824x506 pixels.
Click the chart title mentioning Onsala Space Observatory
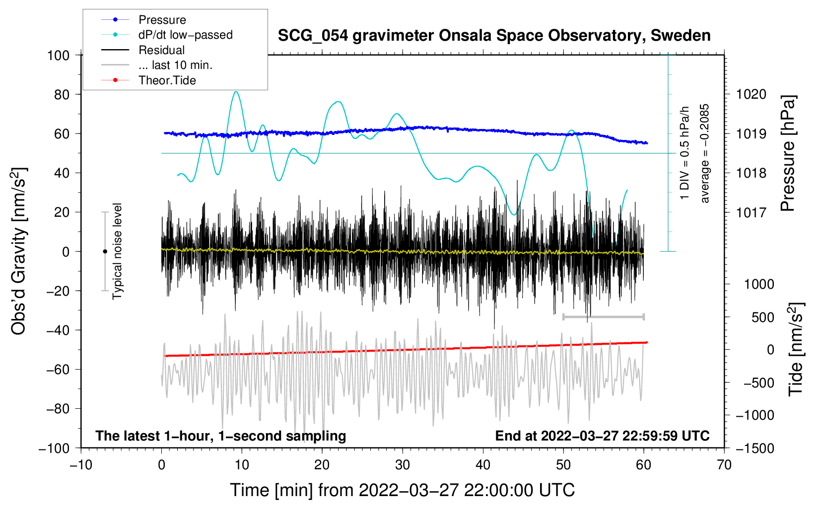(494, 36)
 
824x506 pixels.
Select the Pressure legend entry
(162, 20)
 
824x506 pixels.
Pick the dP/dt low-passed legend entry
(185, 35)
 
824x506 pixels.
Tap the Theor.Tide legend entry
(167, 80)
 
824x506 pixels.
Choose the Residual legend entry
(161, 50)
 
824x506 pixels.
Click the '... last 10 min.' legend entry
(175, 65)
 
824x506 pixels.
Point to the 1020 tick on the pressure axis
(751, 94)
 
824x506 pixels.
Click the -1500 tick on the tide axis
(755, 448)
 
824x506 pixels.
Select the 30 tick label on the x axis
(403, 465)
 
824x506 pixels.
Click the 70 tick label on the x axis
(724, 465)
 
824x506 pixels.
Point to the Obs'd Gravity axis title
(18, 251)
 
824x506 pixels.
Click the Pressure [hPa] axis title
(788, 153)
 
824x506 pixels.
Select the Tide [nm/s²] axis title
(796, 349)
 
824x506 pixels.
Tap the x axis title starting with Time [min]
(402, 490)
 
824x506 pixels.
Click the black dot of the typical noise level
(105, 252)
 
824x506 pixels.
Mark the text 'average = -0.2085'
(705, 153)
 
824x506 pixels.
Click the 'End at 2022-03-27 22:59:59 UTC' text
(602, 436)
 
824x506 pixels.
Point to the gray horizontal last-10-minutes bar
(603, 316)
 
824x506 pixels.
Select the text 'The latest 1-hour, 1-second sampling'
(220, 436)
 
